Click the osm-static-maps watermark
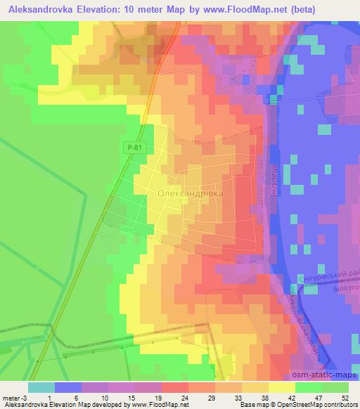pos(324,375)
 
